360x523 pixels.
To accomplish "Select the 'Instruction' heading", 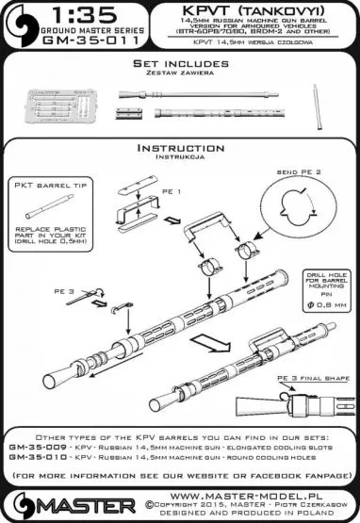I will [179, 148].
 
